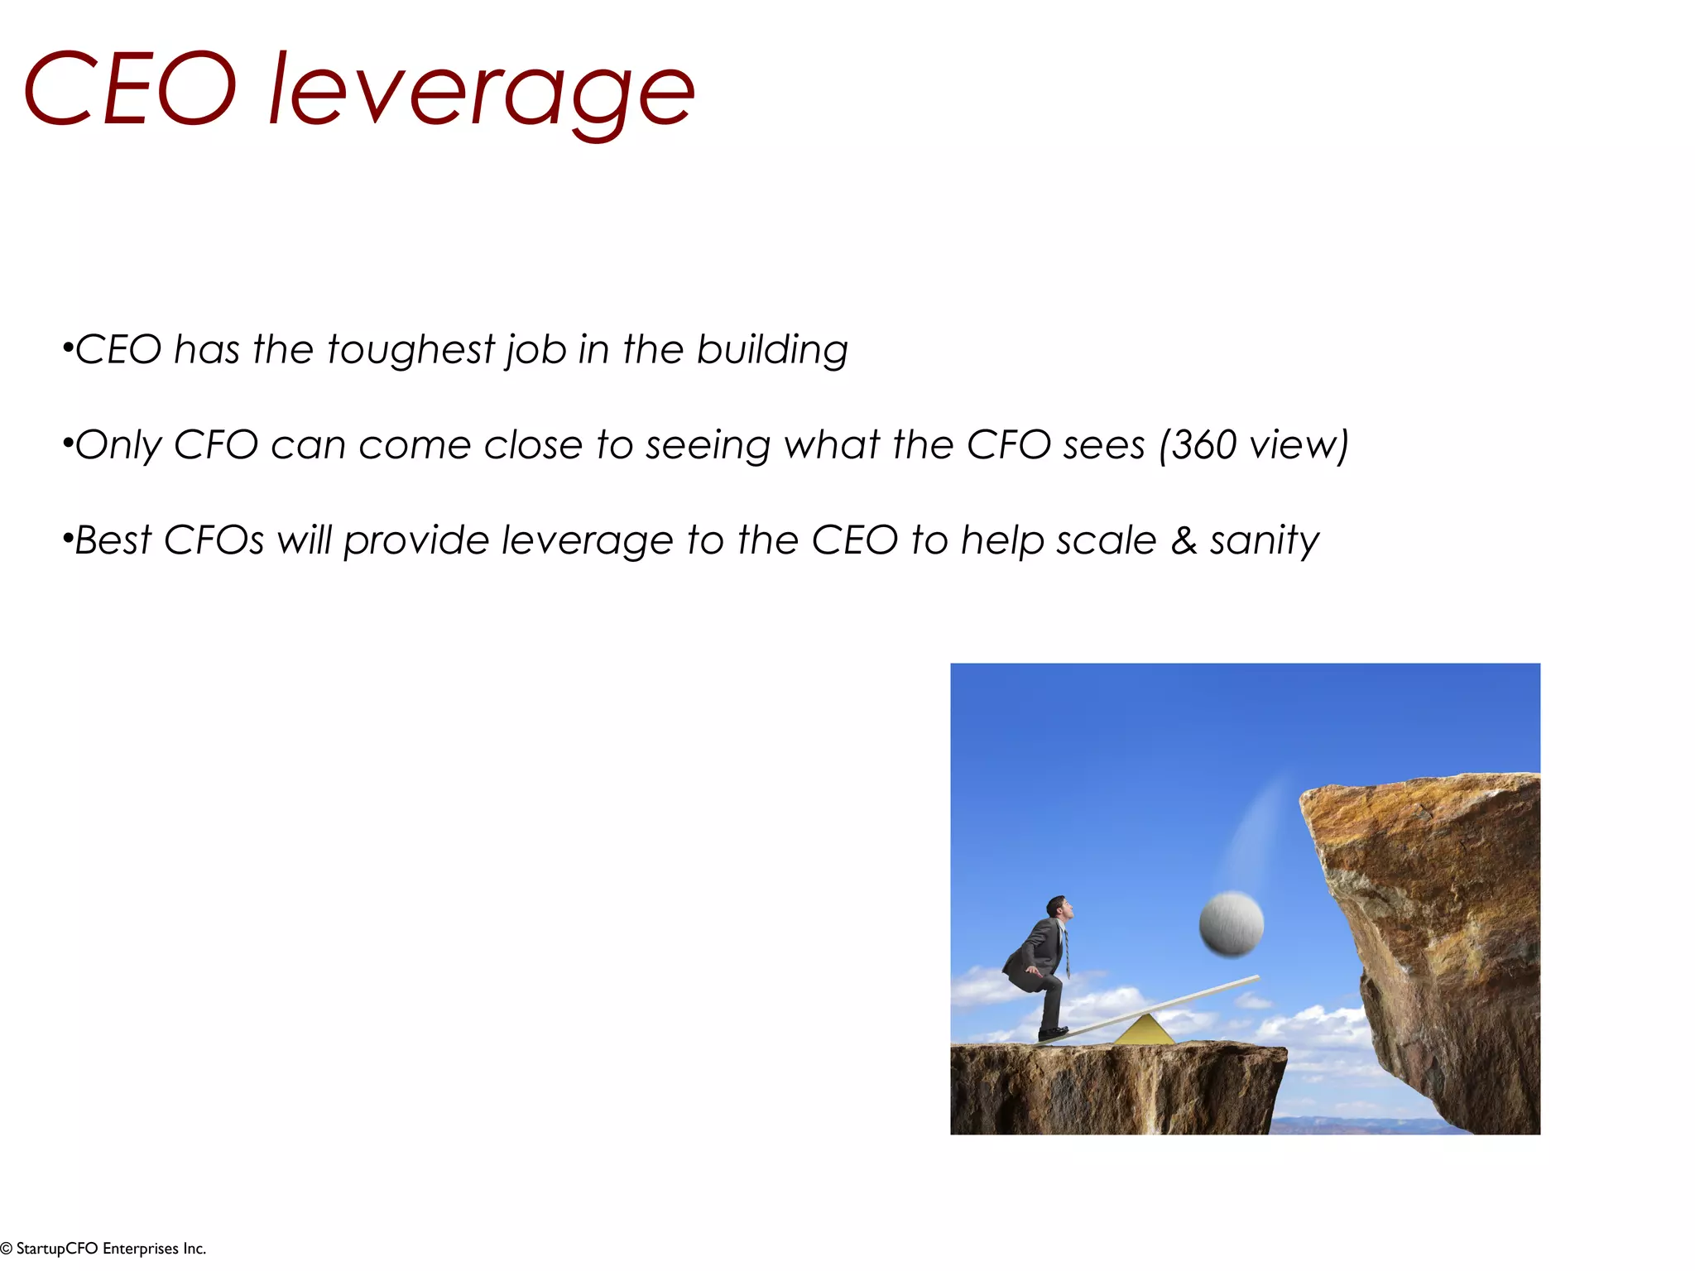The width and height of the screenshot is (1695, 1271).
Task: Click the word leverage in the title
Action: click(482, 91)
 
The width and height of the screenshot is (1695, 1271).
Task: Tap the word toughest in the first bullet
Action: click(411, 349)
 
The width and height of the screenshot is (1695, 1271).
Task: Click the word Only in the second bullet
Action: click(118, 446)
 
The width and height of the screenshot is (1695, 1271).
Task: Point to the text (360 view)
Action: click(1254, 445)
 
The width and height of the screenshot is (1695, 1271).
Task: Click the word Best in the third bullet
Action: click(113, 540)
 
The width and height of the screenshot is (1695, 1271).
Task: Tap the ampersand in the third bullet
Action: click(1184, 541)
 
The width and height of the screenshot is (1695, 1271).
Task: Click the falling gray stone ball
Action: click(1231, 924)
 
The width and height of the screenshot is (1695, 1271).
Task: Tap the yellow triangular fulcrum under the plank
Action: click(1144, 1031)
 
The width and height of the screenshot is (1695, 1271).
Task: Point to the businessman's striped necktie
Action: click(1066, 952)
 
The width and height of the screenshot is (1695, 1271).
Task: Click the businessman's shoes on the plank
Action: click(1053, 1033)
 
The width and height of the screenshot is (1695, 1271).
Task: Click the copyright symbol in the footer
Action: click(7, 1249)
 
